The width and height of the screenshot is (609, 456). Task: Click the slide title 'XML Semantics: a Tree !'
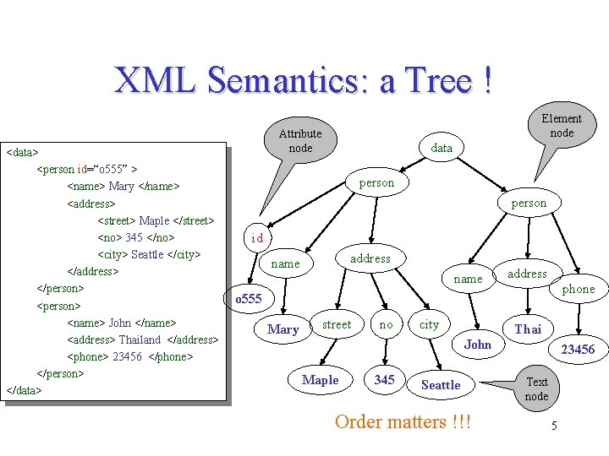point(303,81)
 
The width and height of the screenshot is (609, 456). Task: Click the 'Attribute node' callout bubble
point(299,141)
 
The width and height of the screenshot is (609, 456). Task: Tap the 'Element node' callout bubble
point(561,125)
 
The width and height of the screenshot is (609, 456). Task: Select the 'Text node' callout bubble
point(536,389)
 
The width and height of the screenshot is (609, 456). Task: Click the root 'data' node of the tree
point(442,148)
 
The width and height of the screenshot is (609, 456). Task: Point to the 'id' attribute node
point(257,238)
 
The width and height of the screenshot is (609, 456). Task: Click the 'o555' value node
point(249,299)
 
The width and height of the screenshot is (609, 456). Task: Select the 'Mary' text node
point(283,329)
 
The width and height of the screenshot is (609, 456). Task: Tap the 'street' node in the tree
point(337,324)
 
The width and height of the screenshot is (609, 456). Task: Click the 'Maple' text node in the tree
point(320,380)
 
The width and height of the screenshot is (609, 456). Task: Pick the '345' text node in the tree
point(384,380)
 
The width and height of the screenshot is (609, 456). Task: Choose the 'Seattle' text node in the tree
point(441,385)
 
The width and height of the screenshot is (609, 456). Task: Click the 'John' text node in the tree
point(477,344)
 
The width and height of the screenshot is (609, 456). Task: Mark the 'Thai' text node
point(528,329)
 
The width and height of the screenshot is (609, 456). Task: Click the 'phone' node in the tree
point(579,289)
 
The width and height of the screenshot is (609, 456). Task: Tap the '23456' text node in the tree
point(578,350)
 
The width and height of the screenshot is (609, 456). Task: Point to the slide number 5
point(554,426)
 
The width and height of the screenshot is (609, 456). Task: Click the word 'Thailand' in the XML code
point(140,339)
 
